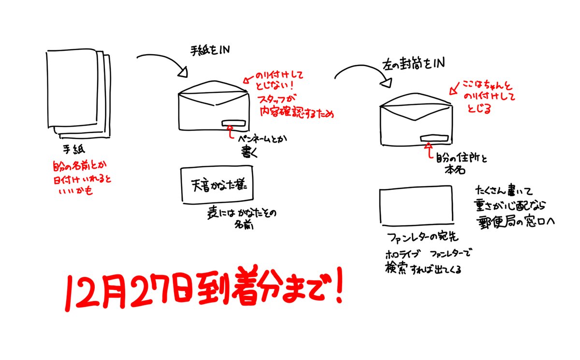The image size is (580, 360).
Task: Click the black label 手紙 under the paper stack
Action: (x=72, y=149)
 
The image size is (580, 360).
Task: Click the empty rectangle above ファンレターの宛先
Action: (x=416, y=207)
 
